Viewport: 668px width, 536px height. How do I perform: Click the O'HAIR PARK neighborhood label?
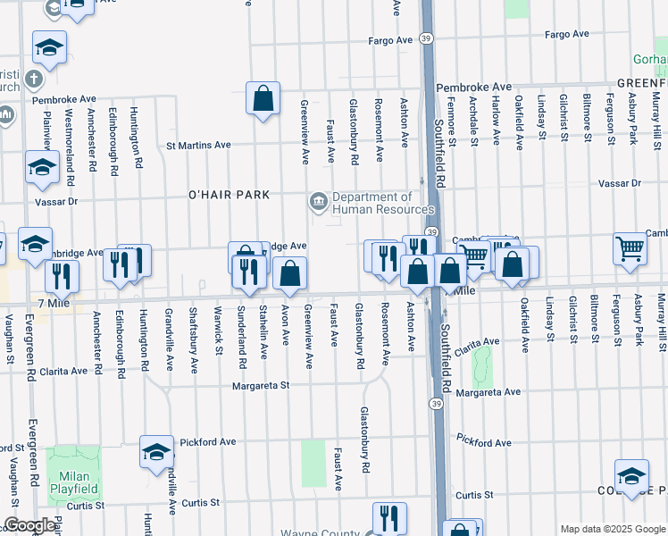[x=229, y=195]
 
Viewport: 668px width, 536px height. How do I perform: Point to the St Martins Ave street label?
[x=199, y=145]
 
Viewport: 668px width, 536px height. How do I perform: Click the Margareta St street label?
[x=262, y=387]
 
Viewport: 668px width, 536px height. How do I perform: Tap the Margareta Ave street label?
[x=487, y=392]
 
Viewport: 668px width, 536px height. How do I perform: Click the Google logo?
[x=29, y=525]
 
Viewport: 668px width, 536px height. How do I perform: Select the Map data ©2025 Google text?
[x=613, y=529]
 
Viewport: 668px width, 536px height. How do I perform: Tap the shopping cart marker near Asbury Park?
[x=630, y=249]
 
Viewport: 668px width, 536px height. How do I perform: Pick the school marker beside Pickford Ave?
[x=156, y=452]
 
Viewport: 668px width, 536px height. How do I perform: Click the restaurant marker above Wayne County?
[x=388, y=517]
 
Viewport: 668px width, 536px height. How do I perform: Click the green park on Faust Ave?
[x=313, y=463]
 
